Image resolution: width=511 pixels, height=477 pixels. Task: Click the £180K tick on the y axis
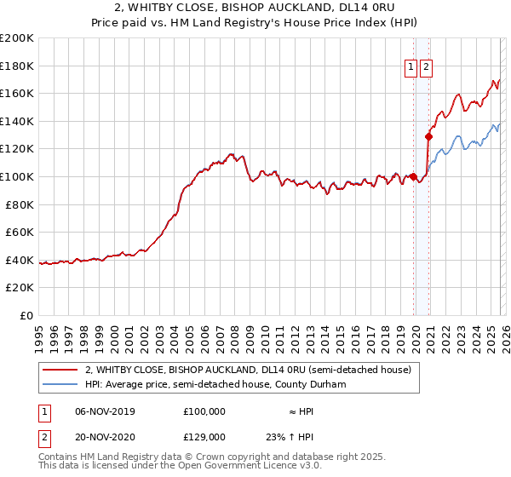coord(17,66)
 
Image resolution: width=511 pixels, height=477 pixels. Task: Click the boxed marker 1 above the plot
coord(411,66)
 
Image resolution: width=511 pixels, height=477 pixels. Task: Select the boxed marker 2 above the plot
coord(426,66)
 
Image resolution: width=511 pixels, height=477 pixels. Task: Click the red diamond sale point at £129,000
coord(428,136)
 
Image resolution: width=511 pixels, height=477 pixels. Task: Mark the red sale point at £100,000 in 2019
coord(413,176)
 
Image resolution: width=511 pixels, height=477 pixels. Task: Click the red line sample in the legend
coord(61,370)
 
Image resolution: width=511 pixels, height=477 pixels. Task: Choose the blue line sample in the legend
coord(61,384)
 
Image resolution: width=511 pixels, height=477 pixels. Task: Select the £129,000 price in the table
coord(204,436)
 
